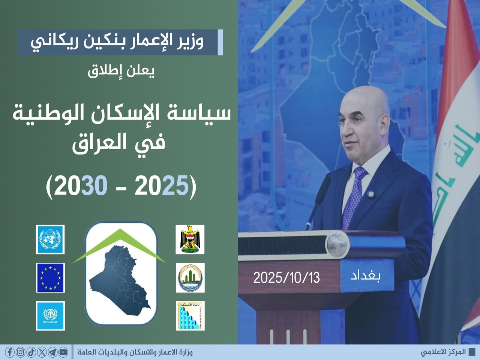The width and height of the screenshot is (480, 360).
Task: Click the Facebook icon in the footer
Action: point(10,352)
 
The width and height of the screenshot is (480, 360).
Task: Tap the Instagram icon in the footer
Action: point(21,352)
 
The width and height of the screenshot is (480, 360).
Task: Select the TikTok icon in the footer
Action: point(31,352)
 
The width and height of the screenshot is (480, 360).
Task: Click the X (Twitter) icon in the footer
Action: point(42,352)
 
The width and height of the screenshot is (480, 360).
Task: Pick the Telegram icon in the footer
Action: point(52,352)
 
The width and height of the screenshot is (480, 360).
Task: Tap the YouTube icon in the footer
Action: point(63,352)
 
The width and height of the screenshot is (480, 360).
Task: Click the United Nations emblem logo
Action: point(50,239)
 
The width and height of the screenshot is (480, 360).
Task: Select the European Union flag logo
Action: point(50,277)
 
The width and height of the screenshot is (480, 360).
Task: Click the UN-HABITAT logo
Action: point(50,316)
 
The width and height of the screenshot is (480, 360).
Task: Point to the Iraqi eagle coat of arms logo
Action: point(190,239)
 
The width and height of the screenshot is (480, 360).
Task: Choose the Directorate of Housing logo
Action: point(190,316)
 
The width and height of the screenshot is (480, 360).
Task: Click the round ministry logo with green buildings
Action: point(190,277)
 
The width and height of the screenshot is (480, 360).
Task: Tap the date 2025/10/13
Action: point(286,278)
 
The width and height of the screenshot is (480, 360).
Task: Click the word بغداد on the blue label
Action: point(365,276)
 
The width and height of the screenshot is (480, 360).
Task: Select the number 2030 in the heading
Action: point(81,185)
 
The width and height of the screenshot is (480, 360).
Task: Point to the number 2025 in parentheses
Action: point(161,185)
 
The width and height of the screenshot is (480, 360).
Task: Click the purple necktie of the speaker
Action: point(354,197)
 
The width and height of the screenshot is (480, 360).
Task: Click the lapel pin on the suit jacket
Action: point(370,193)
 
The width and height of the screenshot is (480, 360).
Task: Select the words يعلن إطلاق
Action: point(121,71)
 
